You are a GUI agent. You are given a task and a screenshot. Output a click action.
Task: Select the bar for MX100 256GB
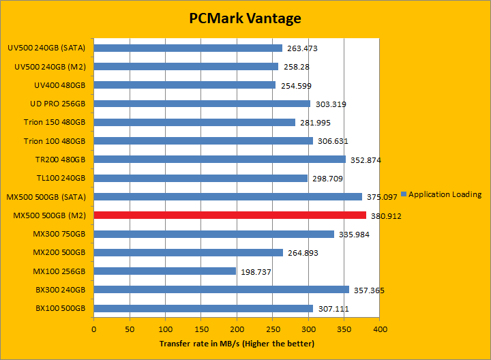pos(165,271)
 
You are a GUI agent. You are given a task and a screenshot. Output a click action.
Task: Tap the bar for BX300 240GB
pos(222,290)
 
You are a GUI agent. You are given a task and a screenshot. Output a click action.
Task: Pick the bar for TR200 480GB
pos(220,160)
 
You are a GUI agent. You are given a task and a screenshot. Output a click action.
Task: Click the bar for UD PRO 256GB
pos(202,104)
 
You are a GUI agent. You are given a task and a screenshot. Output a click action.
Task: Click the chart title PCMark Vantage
pos(245,18)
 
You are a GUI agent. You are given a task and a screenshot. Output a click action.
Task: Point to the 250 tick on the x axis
pos(272,329)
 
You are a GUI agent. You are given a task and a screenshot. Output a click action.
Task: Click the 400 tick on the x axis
pos(380,329)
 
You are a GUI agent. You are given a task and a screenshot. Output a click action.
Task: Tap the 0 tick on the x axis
pos(94,329)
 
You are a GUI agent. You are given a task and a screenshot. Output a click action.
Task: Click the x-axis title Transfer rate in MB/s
pos(237,343)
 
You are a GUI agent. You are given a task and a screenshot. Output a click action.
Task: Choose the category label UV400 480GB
pos(59,85)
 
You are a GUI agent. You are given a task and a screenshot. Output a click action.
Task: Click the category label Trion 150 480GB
pos(55,123)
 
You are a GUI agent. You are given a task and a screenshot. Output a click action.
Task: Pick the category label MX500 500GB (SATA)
pos(50,197)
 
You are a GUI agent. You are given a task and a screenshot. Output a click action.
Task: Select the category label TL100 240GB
pos(60,179)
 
